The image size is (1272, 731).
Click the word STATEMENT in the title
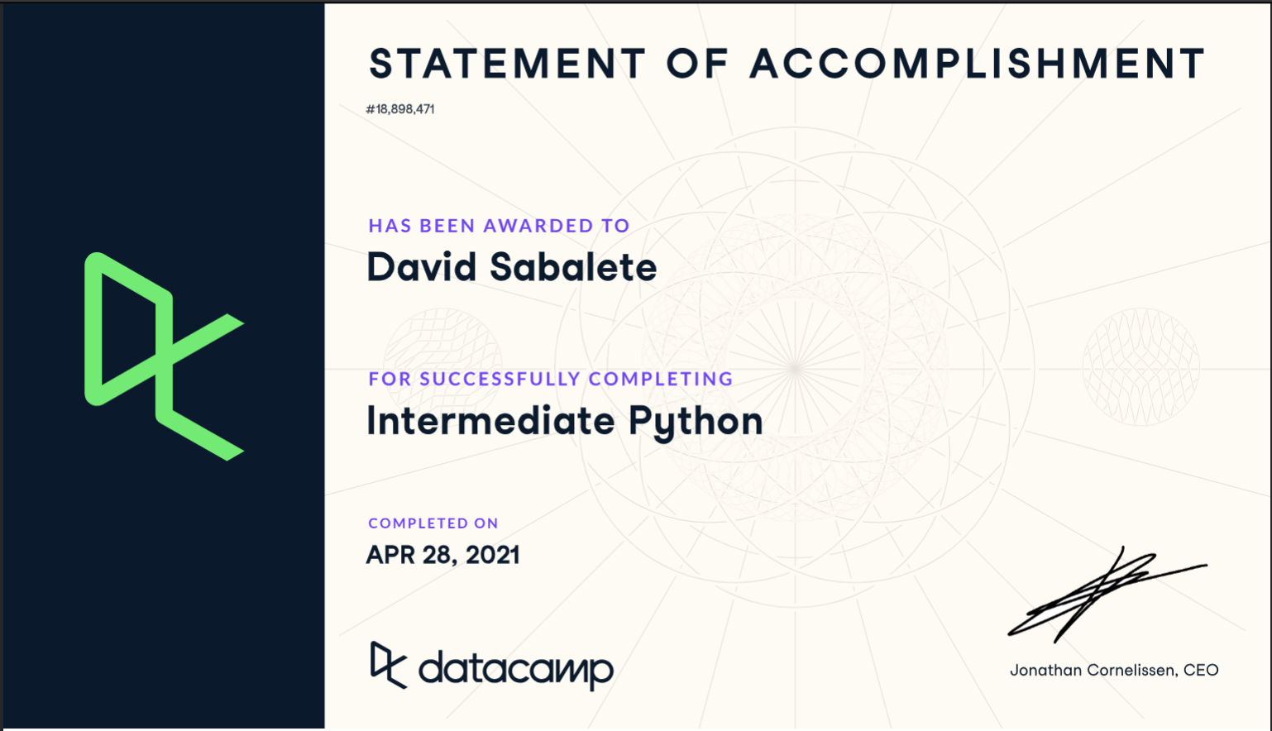(507, 64)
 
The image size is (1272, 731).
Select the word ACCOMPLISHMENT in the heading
(978, 64)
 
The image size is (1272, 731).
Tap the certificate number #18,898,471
(400, 109)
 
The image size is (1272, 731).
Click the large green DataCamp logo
(164, 356)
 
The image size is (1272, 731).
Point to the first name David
(422, 268)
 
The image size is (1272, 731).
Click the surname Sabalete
(573, 268)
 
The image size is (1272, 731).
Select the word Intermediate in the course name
(490, 421)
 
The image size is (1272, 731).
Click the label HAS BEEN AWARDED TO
(499, 226)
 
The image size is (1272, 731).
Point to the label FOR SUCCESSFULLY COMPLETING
(551, 379)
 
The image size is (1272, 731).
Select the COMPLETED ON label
(433, 523)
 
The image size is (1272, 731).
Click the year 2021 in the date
(493, 555)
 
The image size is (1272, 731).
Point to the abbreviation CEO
(1201, 671)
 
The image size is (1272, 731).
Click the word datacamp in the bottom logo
(516, 669)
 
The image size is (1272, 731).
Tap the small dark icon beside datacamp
(388, 664)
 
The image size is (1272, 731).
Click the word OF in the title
(697, 64)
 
